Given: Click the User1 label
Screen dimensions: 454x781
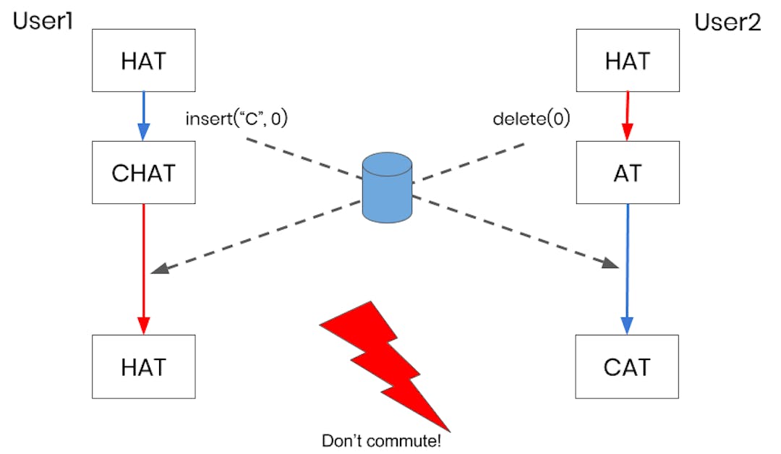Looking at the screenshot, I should pyautogui.click(x=44, y=22).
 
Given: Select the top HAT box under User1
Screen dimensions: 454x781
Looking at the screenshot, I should pyautogui.click(x=143, y=60).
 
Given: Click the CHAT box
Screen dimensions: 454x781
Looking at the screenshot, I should pyautogui.click(x=143, y=173).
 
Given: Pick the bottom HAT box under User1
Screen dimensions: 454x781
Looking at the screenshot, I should pyautogui.click(x=143, y=367).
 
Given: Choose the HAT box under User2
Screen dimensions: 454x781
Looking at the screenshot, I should pyautogui.click(x=627, y=60).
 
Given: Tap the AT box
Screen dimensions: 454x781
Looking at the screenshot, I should pyautogui.click(x=627, y=173).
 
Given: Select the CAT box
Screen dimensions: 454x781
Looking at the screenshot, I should pyautogui.click(x=627, y=367).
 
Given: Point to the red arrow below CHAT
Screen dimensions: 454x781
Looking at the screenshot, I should pyautogui.click(x=143, y=267).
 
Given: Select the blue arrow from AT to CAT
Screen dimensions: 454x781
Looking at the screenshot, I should pyautogui.click(x=627, y=267).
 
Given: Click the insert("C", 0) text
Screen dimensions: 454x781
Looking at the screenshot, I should pyautogui.click(x=236, y=119).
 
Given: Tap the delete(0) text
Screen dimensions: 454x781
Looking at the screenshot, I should pyautogui.click(x=531, y=119).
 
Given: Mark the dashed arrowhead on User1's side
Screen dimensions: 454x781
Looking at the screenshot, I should pyautogui.click(x=160, y=268).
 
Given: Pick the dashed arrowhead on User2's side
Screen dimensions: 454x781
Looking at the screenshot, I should pyautogui.click(x=612, y=265).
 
